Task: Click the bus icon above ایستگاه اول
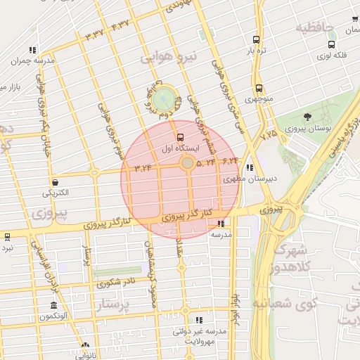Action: (181, 137)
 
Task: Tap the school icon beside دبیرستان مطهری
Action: (250, 168)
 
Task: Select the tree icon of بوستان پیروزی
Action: (307, 117)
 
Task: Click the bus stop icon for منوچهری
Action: (259, 89)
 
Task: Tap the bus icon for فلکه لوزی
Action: (330, 44)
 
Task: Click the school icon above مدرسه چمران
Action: (32, 50)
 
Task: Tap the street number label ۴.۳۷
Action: (120, 25)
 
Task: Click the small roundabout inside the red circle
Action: (187, 163)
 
